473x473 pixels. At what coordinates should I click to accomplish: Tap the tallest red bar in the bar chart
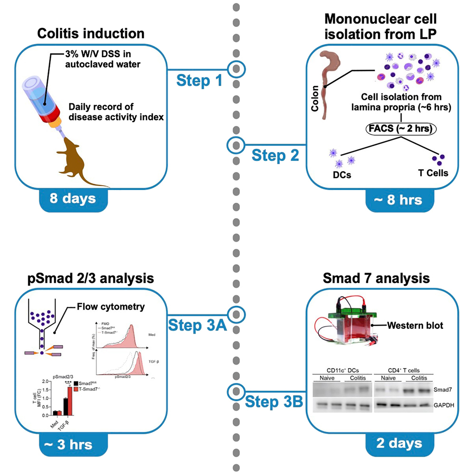point(70,401)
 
